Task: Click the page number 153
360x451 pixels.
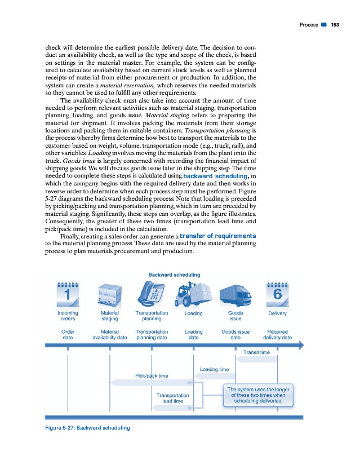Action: [335, 24]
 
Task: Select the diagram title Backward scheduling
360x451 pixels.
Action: [175, 275]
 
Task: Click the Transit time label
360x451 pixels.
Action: [256, 352]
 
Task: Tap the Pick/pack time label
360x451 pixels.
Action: [152, 375]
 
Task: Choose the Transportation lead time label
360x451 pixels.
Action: [172, 398]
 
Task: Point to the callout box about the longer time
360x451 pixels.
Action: [257, 395]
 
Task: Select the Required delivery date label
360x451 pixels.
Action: [277, 335]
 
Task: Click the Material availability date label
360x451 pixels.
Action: [109, 335]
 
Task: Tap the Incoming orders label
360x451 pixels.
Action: [68, 316]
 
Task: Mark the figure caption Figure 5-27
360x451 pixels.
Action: [87, 427]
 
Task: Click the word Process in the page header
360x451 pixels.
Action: [309, 24]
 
